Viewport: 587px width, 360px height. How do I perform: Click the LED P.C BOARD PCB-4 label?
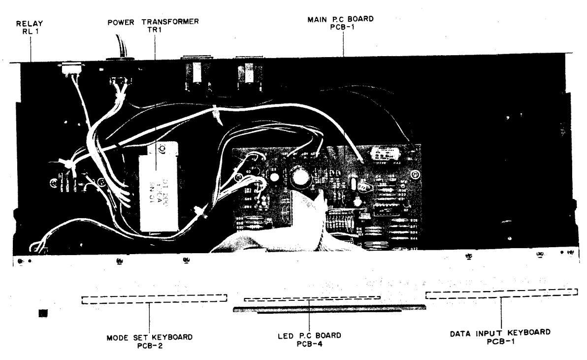(x=309, y=339)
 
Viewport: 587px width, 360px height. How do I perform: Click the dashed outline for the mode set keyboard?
(x=154, y=299)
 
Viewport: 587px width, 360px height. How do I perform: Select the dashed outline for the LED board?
(x=312, y=298)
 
